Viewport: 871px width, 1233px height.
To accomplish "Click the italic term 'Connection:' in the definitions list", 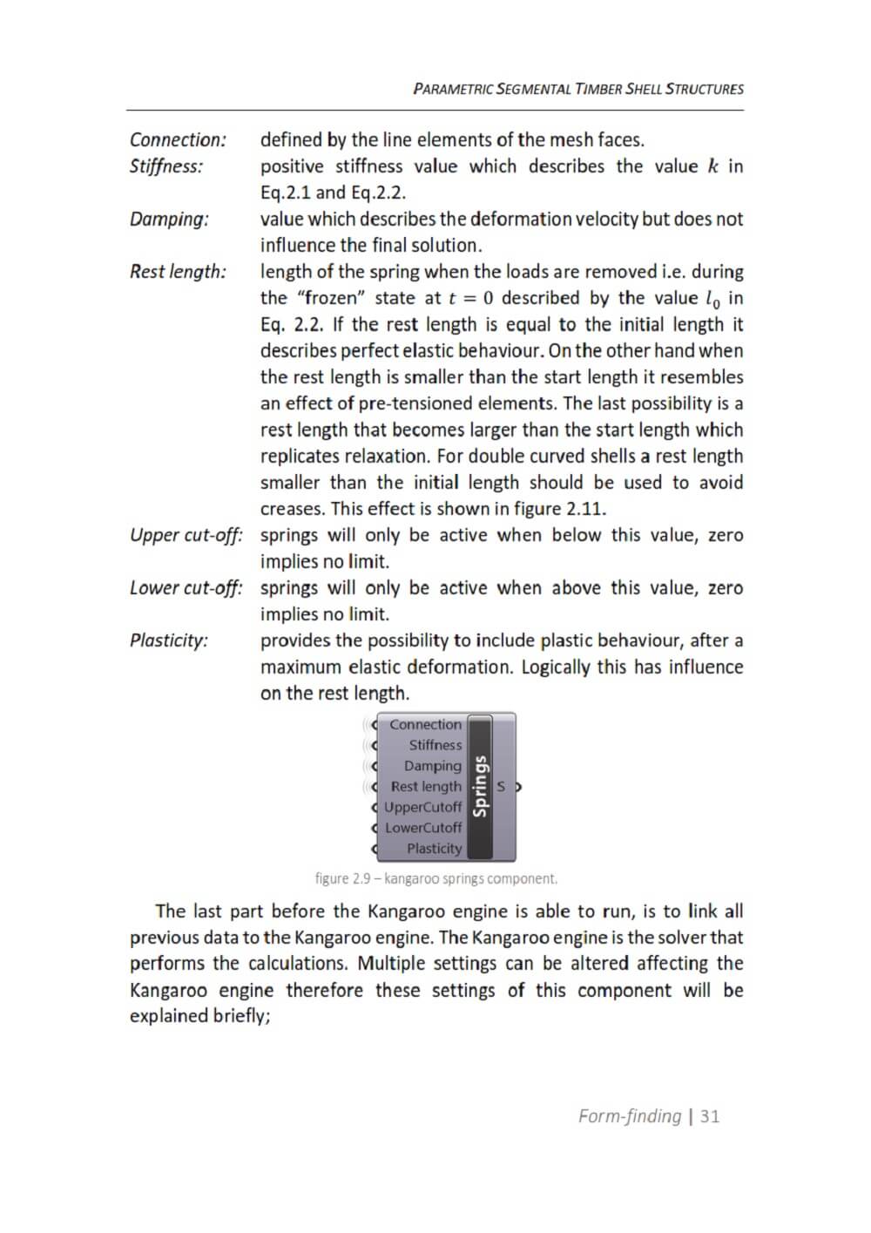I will click(x=178, y=139).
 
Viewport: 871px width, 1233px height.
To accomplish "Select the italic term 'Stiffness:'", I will click(x=166, y=166).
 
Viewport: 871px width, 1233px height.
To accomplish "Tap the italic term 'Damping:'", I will click(x=169, y=219).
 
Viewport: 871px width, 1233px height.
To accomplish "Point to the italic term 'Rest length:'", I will click(x=178, y=271).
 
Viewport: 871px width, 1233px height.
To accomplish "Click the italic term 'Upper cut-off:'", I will click(x=186, y=535).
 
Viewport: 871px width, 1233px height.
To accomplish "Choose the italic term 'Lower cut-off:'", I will click(x=186, y=587).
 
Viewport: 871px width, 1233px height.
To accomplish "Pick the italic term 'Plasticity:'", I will click(x=169, y=640).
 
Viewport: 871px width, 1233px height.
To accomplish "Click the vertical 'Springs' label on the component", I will click(x=480, y=786).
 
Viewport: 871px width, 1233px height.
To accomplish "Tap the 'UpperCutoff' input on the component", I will click(x=422, y=807).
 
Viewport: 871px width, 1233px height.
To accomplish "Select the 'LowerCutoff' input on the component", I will click(x=423, y=828).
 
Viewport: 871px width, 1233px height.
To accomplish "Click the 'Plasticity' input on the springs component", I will click(x=434, y=849).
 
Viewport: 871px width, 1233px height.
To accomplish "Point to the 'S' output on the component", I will click(x=502, y=787).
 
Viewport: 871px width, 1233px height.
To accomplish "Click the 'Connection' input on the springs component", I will click(x=425, y=724).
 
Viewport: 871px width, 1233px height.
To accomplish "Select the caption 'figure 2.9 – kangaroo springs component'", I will click(x=435, y=878).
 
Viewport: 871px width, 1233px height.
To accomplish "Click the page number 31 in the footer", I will click(x=710, y=1116).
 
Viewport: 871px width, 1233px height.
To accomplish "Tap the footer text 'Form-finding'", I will click(x=630, y=1116).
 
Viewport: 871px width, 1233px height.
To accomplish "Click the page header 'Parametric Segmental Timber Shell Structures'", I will click(x=578, y=89).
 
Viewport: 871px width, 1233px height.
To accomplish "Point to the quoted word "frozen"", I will click(x=334, y=298).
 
